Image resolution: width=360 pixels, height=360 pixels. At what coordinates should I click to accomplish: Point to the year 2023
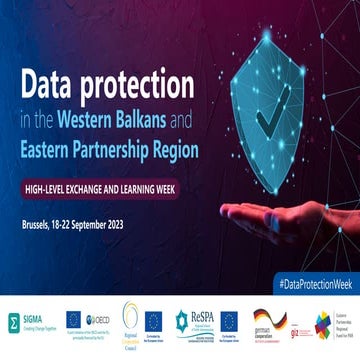(x=147, y=221)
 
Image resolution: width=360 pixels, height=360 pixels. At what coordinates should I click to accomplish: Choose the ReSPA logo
(x=198, y=321)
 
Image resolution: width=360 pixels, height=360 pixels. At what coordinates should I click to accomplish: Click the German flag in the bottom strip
(x=263, y=317)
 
